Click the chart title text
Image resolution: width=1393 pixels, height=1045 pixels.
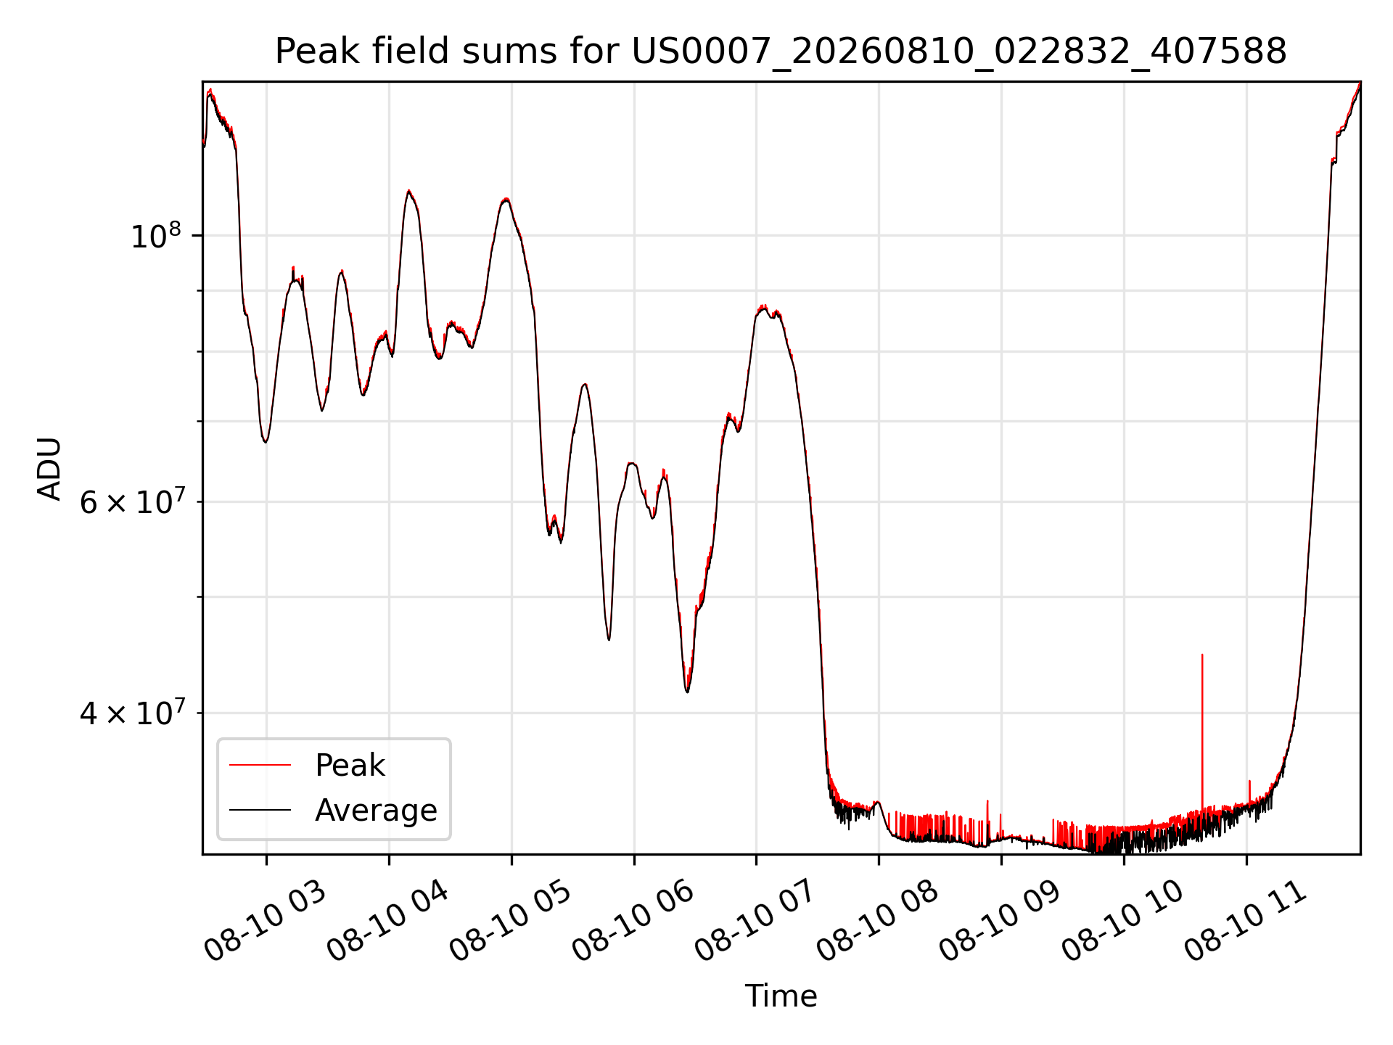point(781,52)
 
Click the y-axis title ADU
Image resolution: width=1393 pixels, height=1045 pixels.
point(49,468)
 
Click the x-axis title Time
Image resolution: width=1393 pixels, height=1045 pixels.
point(781,996)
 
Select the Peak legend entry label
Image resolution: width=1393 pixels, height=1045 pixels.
point(350,766)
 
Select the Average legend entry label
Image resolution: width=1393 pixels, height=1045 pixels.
point(376,811)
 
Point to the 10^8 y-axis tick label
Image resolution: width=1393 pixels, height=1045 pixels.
point(155,236)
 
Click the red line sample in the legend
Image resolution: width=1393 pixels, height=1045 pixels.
point(260,765)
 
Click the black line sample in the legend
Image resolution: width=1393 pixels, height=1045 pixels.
point(260,810)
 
